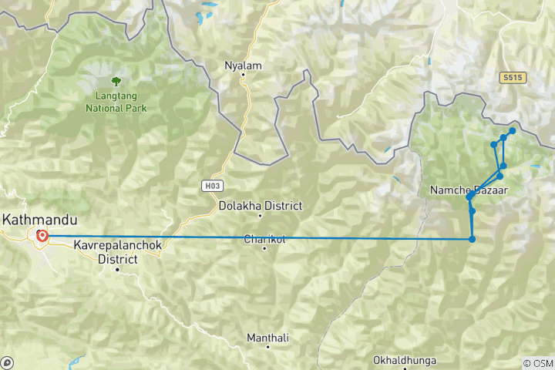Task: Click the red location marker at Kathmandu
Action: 42,236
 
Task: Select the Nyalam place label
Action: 243,66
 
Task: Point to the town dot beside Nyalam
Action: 243,76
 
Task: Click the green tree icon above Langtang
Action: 116,80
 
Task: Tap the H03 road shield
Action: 212,186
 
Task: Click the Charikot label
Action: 264,239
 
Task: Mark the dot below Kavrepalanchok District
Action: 117,269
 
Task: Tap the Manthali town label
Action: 267,338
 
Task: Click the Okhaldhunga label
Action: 404,360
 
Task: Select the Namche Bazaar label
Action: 469,190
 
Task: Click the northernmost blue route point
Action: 513,131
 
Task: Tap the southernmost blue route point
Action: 472,239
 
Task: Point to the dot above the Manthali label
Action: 267,347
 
